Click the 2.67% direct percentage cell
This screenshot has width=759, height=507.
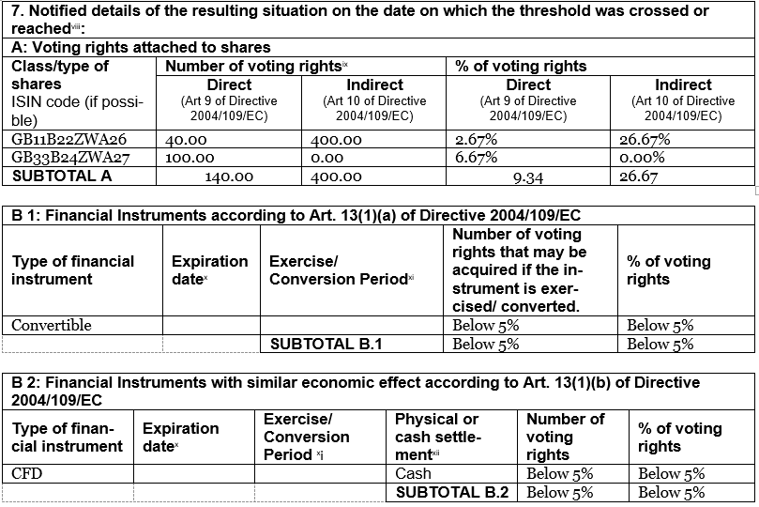476,139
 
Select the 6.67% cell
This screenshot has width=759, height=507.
476,157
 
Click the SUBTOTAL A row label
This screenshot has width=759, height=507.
60,175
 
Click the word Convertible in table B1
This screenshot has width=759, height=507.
52,325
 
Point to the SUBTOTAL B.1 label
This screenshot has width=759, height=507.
326,344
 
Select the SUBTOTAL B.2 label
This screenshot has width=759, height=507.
452,492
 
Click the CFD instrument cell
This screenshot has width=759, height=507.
27,473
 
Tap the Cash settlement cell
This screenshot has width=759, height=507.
413,473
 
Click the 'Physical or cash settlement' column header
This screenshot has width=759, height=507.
436,437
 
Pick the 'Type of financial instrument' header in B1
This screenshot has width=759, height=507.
73,270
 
